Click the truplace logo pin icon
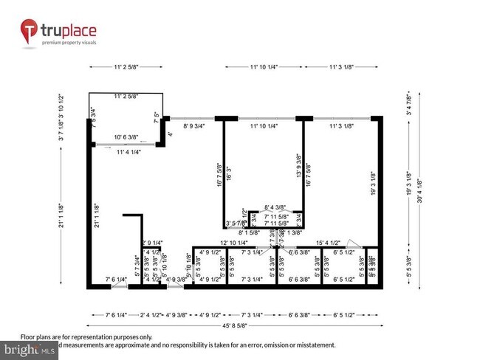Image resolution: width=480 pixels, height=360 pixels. coord(30,31)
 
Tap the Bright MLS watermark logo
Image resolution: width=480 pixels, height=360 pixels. coord(30,350)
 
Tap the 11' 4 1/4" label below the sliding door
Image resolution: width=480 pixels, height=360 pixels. coord(126,152)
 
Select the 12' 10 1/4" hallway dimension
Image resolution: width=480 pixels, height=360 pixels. coord(235,243)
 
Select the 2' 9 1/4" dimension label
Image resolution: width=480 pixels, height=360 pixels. coord(152,243)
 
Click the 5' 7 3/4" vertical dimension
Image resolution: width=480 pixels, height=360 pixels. coord(137,264)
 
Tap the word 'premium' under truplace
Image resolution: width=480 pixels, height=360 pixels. coord(55,43)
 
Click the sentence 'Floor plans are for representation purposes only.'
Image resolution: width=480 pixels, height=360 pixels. coord(86,336)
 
